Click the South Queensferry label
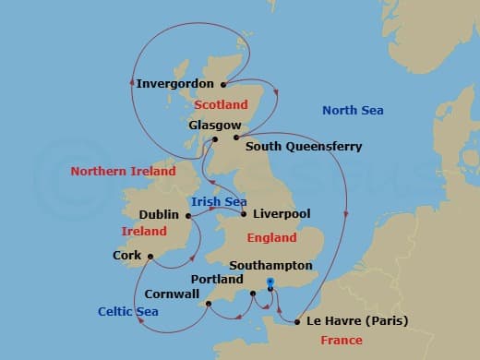coord(304,146)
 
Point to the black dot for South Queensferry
coord(236,137)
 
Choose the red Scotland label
coord(222,105)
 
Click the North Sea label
coord(353,111)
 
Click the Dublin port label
coord(159,214)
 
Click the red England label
coord(271,237)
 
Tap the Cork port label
coord(126,255)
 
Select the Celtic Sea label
coord(128,312)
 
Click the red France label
coord(342,341)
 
